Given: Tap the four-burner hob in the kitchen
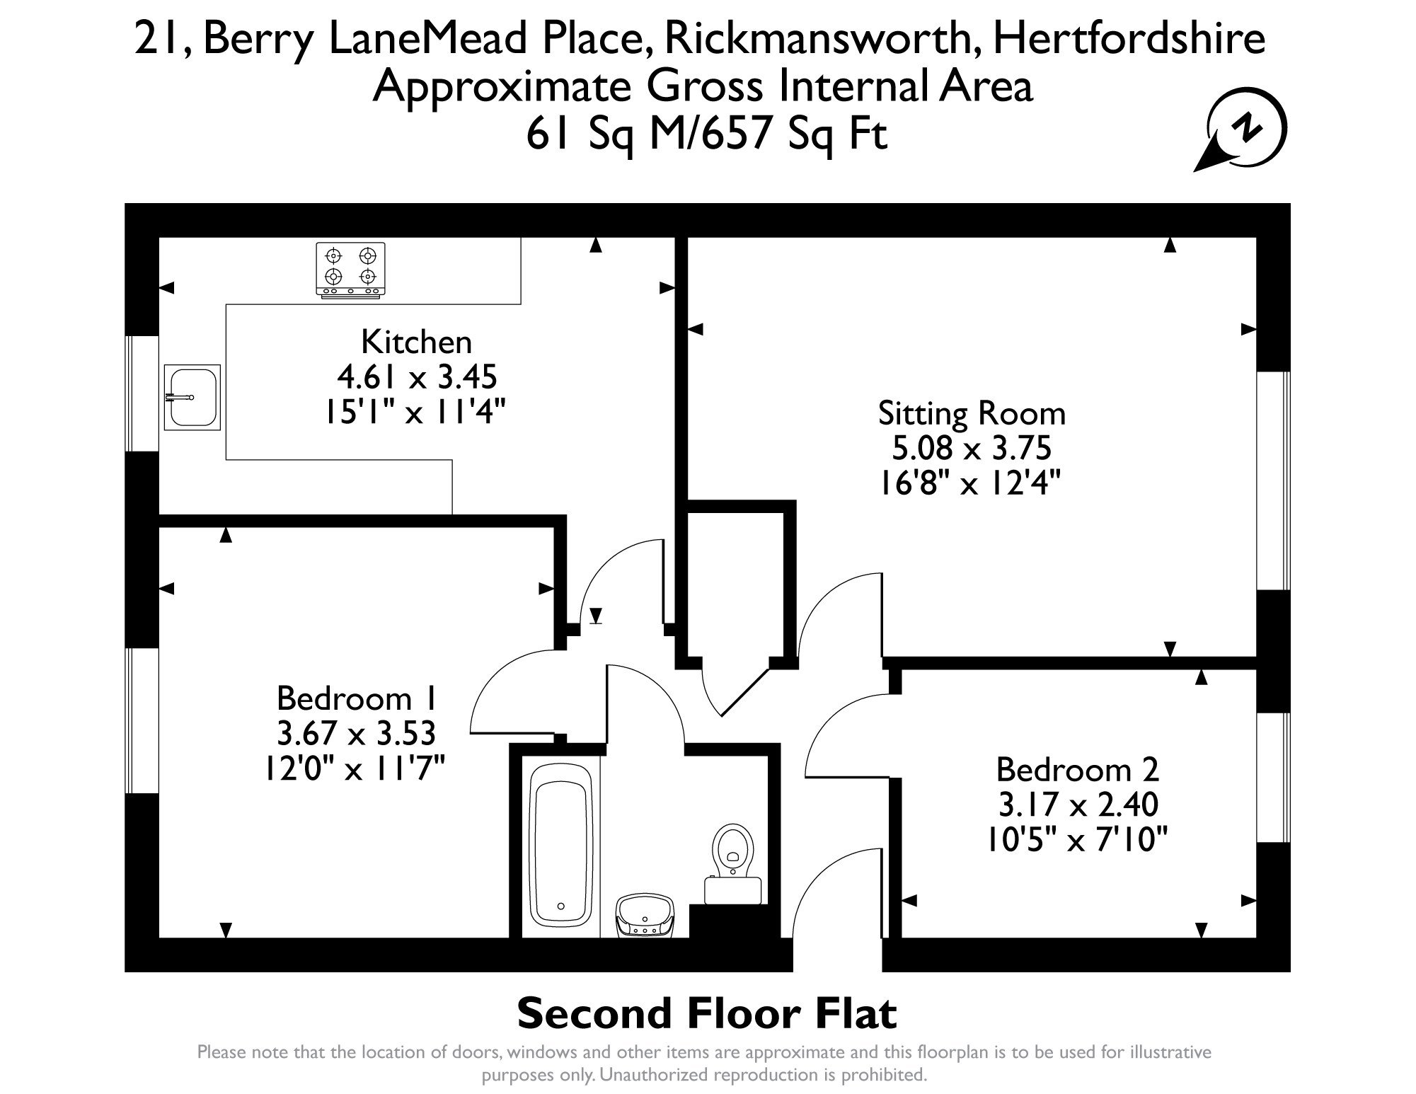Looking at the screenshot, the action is pos(350,270).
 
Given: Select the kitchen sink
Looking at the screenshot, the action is pos(192,397).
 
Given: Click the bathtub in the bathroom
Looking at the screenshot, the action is pos(561,846).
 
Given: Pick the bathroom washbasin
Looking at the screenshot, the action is pos(645,916).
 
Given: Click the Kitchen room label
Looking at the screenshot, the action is pos(416,342).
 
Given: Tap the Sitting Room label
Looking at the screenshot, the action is pos(972,414).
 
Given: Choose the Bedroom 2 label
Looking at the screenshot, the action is pos(1077,769).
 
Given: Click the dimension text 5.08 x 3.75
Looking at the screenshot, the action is pos(972,448).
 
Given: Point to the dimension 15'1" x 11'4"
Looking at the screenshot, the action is pos(416,412).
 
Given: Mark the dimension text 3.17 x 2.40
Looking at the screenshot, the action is pos(1077,805).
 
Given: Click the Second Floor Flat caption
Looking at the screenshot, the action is pos(707,1013).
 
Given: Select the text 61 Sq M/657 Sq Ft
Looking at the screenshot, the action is pos(706,134).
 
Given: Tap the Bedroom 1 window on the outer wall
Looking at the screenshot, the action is pos(142,720).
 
